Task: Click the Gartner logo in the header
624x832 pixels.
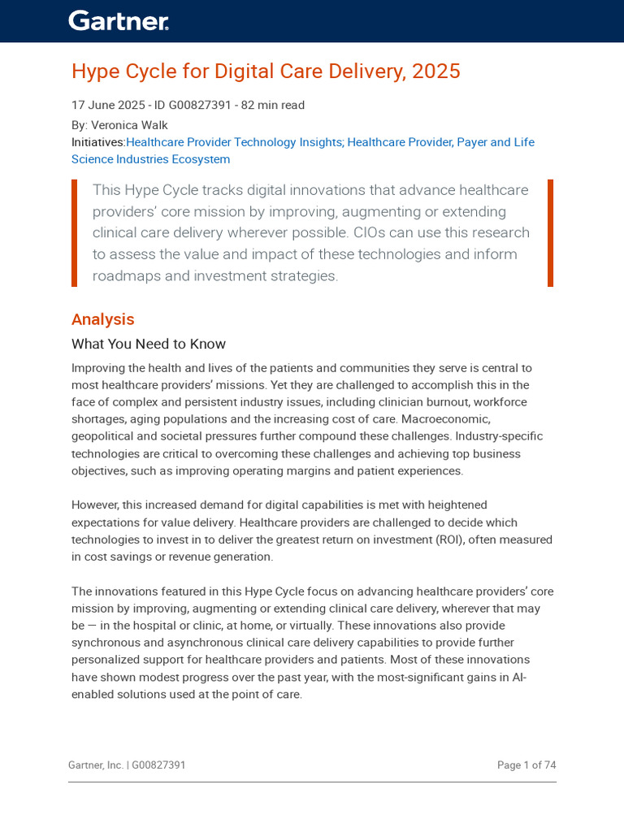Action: click(119, 21)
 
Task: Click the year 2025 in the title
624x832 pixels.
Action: click(435, 71)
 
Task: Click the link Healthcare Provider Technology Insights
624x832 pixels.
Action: click(234, 142)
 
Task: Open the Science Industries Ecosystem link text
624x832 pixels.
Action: click(150, 159)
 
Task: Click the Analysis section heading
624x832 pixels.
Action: click(102, 319)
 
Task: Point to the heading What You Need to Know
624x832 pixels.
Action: click(149, 344)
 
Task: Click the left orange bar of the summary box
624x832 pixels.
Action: click(75, 233)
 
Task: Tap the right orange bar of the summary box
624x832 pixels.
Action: click(550, 233)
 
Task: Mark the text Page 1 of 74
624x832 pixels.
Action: click(526, 765)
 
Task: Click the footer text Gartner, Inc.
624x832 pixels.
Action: click(96, 765)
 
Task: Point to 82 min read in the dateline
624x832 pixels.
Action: click(273, 105)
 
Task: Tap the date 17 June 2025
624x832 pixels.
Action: click(106, 105)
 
